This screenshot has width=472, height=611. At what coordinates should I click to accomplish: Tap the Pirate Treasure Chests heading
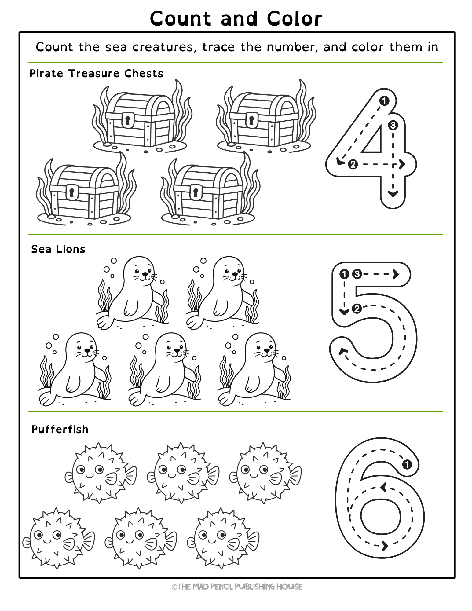[96, 74]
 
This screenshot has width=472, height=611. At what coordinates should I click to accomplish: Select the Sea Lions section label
[58, 249]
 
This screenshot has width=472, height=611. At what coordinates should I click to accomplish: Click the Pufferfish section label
[60, 430]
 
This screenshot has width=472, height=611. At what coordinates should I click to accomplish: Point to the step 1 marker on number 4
[384, 101]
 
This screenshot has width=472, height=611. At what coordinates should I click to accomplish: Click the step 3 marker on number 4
[393, 125]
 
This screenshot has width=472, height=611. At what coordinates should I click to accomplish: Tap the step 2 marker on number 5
[357, 309]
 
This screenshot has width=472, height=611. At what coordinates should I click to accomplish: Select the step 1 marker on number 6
[407, 465]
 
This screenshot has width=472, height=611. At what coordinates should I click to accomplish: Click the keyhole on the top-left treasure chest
[128, 120]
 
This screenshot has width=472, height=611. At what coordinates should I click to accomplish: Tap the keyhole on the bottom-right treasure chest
[196, 193]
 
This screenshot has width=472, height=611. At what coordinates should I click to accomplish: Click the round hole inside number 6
[381, 517]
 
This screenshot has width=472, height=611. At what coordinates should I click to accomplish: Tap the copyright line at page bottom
[237, 587]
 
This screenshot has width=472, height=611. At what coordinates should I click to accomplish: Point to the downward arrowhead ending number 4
[393, 194]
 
